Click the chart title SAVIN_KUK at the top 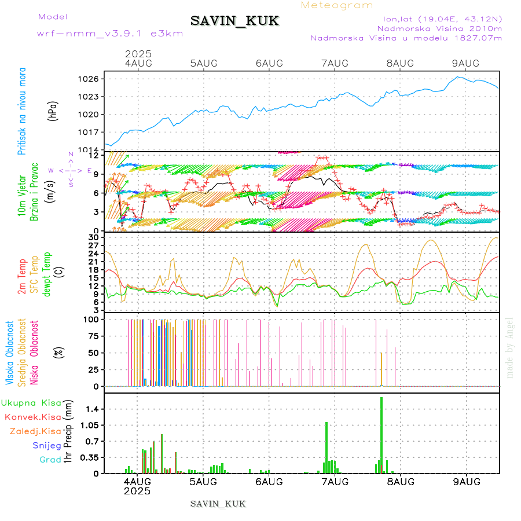(x=235, y=21)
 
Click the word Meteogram (x=337, y=5)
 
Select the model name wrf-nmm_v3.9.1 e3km (x=110, y=34)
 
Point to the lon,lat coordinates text (x=438, y=19)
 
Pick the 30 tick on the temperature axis (x=94, y=237)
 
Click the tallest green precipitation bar (x=381, y=435)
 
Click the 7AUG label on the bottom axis (x=335, y=482)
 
